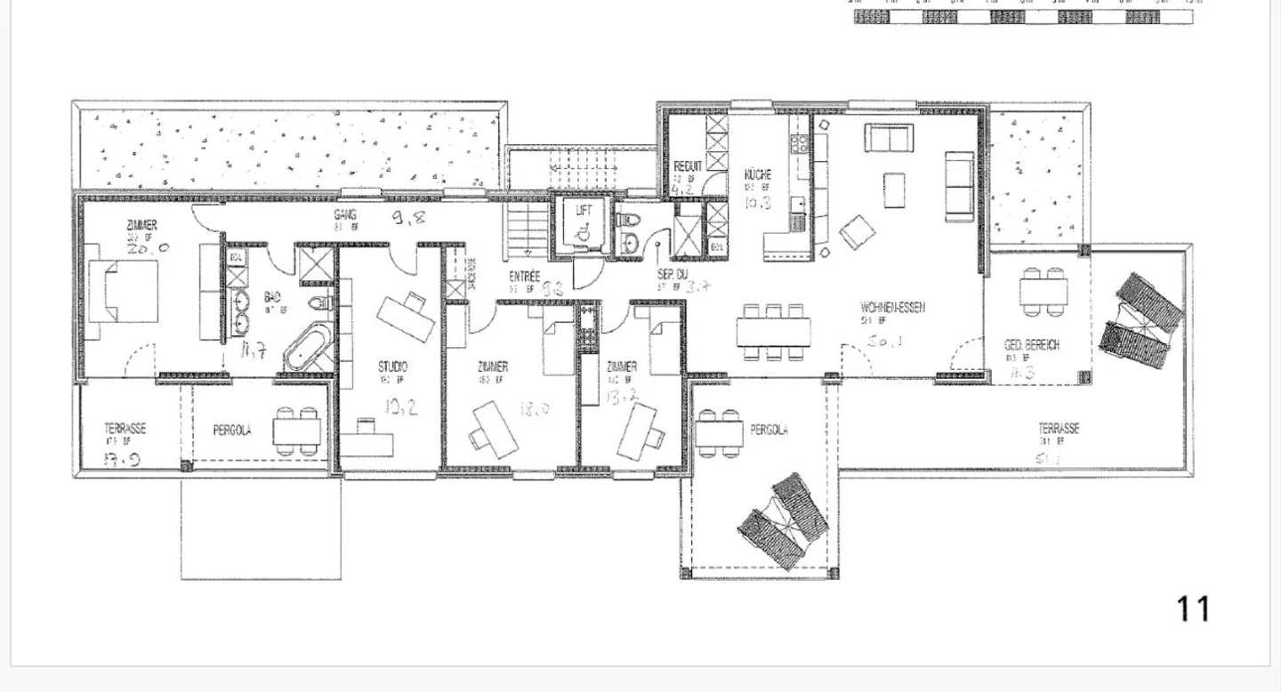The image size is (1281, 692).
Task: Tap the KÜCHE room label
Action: tap(758, 175)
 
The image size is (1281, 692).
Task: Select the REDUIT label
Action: tap(688, 166)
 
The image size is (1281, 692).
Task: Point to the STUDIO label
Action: tap(392, 366)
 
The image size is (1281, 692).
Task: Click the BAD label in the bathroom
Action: tap(272, 298)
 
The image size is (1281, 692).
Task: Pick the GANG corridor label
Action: tap(345, 215)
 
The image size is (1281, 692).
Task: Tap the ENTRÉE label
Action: tap(525, 277)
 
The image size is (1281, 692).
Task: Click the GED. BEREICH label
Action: tap(1032, 345)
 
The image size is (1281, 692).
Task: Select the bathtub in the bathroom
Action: tap(307, 349)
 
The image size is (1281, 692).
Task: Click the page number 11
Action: tap(1193, 609)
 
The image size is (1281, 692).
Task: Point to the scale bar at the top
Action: tap(1023, 17)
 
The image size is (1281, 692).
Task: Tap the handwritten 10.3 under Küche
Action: tap(758, 205)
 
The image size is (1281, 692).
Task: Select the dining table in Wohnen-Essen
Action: tap(774, 333)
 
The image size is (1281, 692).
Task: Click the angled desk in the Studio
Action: tap(406, 315)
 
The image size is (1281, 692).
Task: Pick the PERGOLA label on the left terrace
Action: tap(232, 430)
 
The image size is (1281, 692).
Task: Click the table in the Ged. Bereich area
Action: tap(1043, 292)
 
